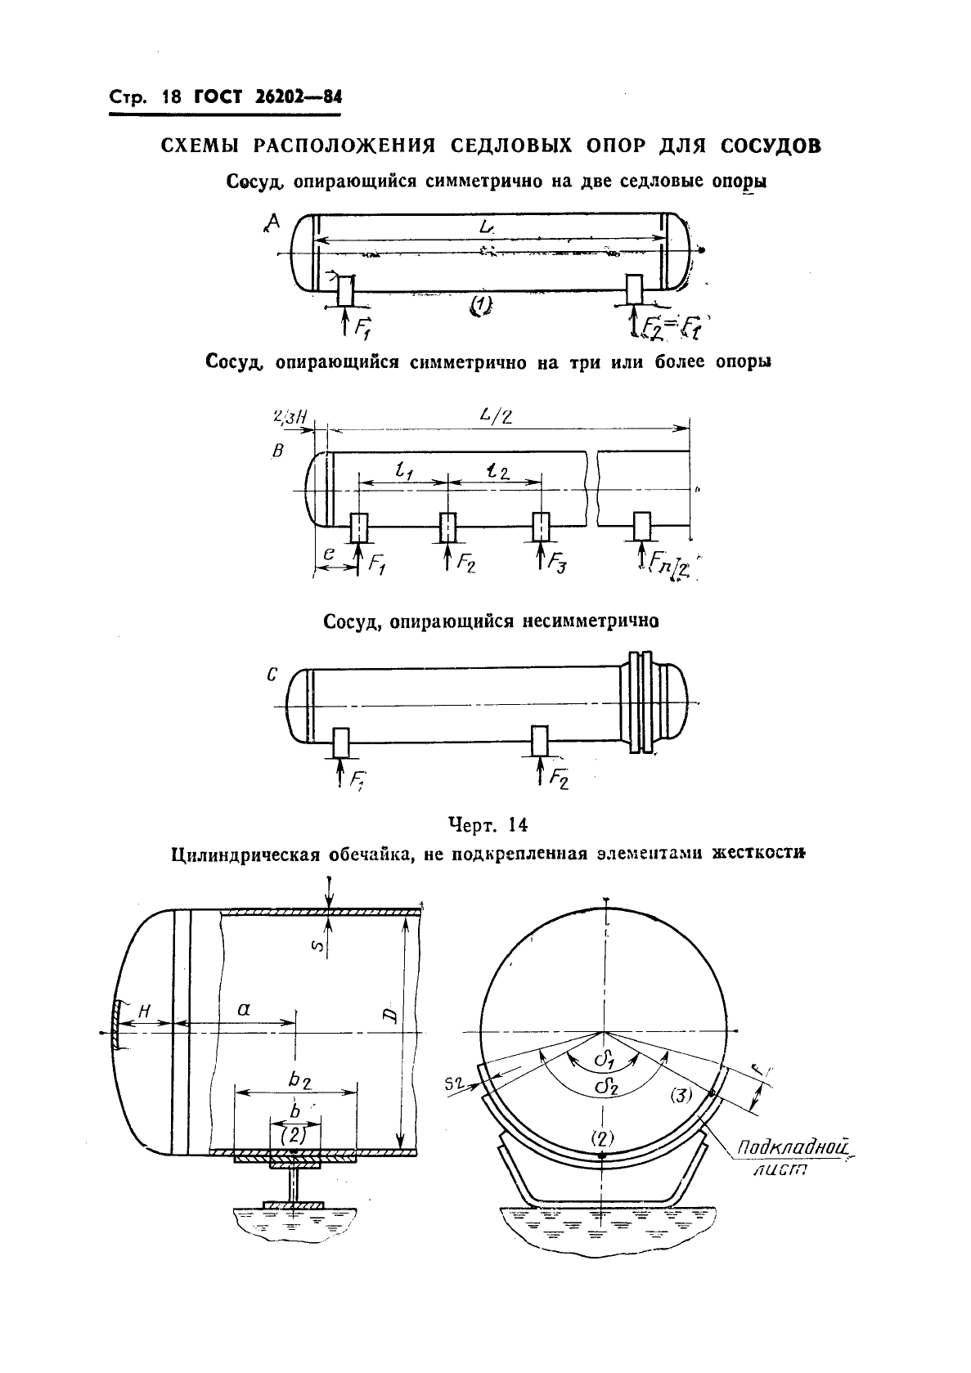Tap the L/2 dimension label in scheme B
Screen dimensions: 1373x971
[x=496, y=416]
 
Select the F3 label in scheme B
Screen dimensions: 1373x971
[x=561, y=563]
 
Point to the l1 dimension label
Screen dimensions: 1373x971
[x=402, y=471]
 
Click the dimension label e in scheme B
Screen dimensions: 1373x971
[x=328, y=553]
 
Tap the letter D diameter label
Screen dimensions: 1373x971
[x=390, y=1016]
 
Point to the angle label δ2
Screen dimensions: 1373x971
[x=606, y=1087]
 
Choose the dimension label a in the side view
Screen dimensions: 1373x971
[x=243, y=1010]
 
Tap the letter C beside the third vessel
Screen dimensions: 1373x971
[x=272, y=675]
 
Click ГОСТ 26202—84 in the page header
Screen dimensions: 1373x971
[x=267, y=97]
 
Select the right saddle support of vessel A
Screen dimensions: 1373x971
[x=634, y=287]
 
